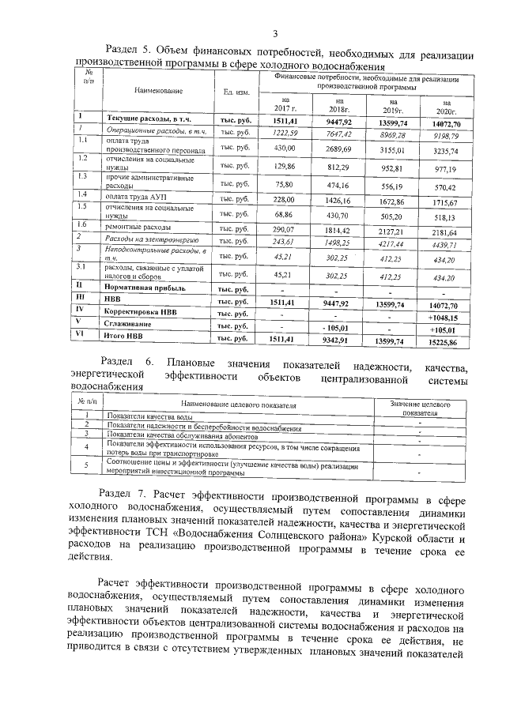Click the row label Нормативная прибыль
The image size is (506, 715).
point(146,289)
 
